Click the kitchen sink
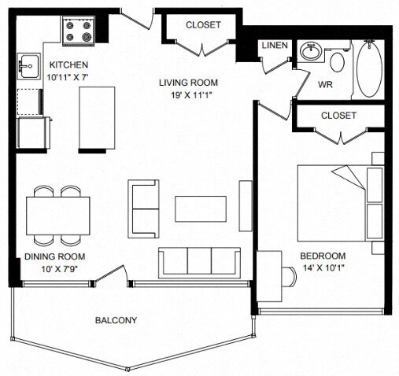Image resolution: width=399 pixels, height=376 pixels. [29, 66]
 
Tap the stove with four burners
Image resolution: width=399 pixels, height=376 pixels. [79, 31]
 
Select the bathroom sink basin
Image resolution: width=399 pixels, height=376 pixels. [311, 51]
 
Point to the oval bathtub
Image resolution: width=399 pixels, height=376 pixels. [369, 69]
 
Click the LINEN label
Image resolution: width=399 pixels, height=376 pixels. [275, 46]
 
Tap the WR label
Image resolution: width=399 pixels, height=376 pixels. [325, 84]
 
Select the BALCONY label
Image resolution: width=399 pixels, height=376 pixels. [116, 320]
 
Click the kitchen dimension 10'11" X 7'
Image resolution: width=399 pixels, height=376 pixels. [67, 77]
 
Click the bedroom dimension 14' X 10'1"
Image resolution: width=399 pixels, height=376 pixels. [323, 267]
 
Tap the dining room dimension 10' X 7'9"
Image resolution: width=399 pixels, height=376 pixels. [59, 269]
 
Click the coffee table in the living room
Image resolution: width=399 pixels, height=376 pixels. [201, 209]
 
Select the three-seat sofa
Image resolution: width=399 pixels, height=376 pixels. [200, 263]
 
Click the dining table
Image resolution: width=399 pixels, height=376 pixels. [58, 216]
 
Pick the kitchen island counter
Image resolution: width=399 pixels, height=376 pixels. [97, 118]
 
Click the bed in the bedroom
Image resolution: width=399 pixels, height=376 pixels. [341, 203]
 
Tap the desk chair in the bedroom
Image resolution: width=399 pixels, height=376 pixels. [289, 277]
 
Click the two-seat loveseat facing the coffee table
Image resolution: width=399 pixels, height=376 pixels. [143, 209]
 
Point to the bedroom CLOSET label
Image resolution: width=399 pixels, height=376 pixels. [338, 116]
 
